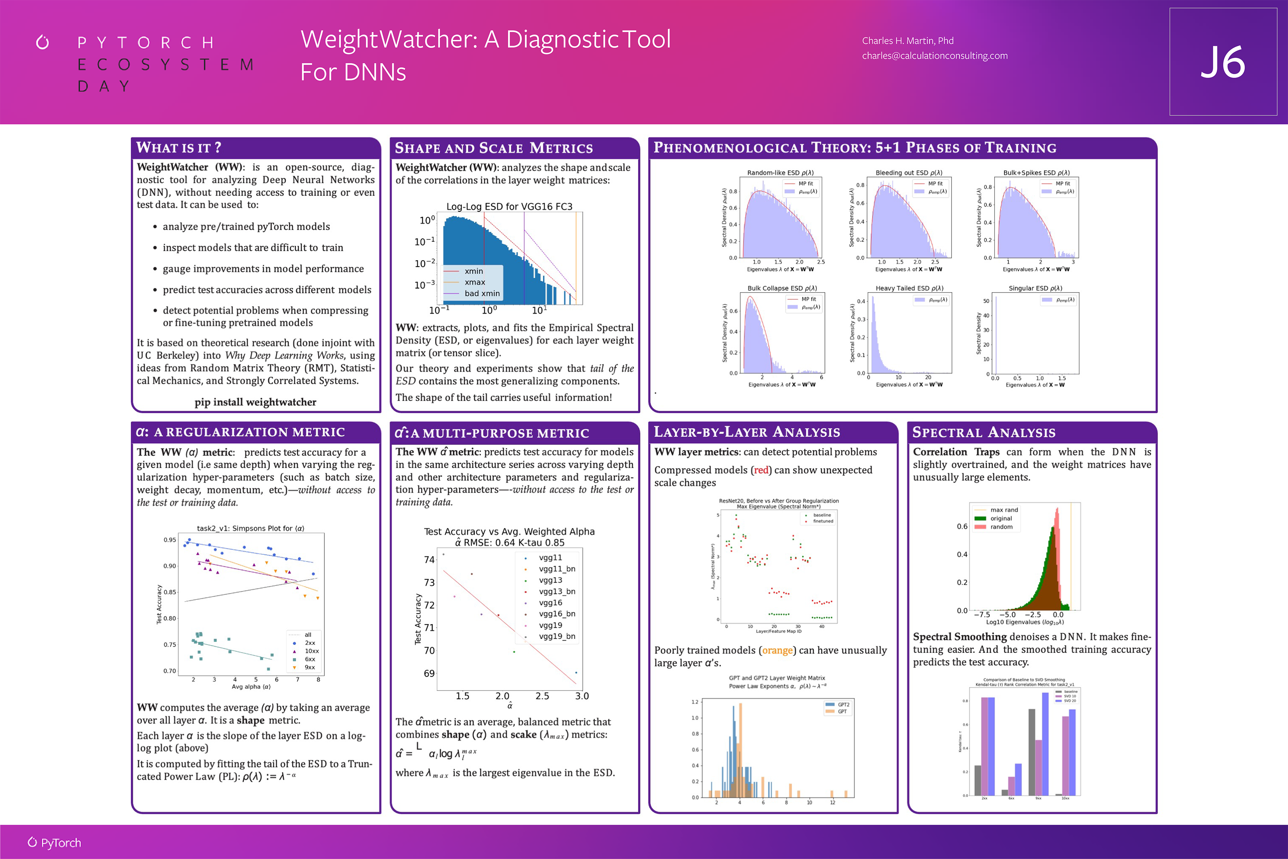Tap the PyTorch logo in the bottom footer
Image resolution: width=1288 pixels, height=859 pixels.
pos(55,843)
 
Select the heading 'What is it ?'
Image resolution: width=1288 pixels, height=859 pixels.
pos(179,148)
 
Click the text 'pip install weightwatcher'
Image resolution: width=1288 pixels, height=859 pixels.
pos(255,402)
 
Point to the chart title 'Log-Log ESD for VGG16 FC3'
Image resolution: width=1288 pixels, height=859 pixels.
pos(509,206)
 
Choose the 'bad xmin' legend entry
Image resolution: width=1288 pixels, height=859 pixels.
pos(482,294)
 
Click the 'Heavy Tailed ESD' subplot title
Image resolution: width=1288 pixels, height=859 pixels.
pos(909,288)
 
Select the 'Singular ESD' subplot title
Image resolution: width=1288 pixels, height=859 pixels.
pos(1035,288)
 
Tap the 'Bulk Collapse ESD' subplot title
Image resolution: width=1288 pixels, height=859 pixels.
pos(782,288)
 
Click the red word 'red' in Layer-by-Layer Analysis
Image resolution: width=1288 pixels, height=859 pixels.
pos(761,470)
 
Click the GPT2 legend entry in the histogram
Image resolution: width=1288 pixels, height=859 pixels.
pos(843,705)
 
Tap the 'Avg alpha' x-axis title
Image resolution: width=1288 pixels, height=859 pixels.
pos(251,687)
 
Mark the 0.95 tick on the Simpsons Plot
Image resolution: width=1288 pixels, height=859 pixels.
pos(170,540)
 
